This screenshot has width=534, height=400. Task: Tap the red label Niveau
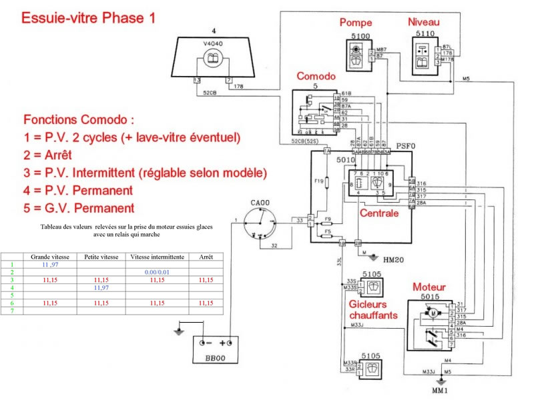(425, 22)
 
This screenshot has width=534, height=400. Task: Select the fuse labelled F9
(326, 219)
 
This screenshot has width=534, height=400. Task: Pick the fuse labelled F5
(326, 235)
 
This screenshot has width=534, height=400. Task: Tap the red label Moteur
(429, 287)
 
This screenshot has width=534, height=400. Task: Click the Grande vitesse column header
(48, 257)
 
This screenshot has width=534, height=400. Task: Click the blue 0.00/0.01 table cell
(157, 273)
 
